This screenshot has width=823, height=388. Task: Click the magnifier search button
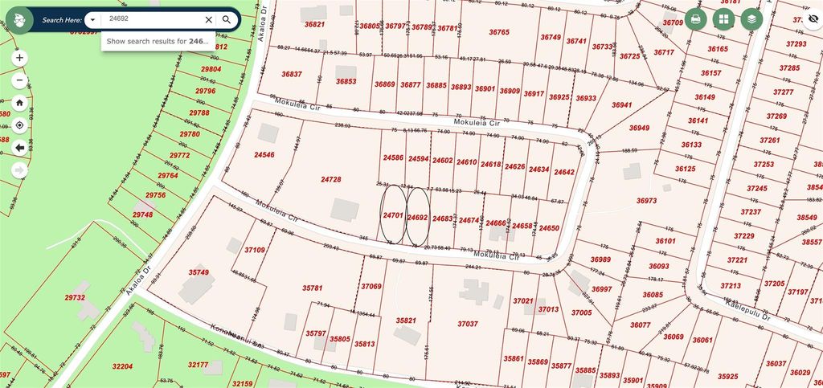click(x=227, y=19)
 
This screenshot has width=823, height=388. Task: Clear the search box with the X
click(x=208, y=19)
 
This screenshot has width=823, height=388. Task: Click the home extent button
click(x=19, y=103)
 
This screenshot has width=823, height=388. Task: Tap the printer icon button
click(x=695, y=19)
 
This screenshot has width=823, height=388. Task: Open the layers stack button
click(x=751, y=19)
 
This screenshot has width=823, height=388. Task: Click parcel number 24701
click(x=392, y=216)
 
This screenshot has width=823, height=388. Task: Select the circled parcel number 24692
click(x=417, y=217)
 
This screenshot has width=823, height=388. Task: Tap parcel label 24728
click(x=330, y=179)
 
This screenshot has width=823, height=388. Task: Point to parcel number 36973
click(x=646, y=200)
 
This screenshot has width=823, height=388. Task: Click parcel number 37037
click(x=468, y=324)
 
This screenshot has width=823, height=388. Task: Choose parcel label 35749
click(x=199, y=272)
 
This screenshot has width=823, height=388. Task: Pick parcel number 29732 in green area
click(x=75, y=297)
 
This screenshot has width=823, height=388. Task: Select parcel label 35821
click(x=407, y=320)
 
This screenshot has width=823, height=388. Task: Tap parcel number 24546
click(x=264, y=154)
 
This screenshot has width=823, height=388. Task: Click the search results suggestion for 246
click(x=158, y=40)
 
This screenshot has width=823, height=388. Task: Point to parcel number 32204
click(x=122, y=366)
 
